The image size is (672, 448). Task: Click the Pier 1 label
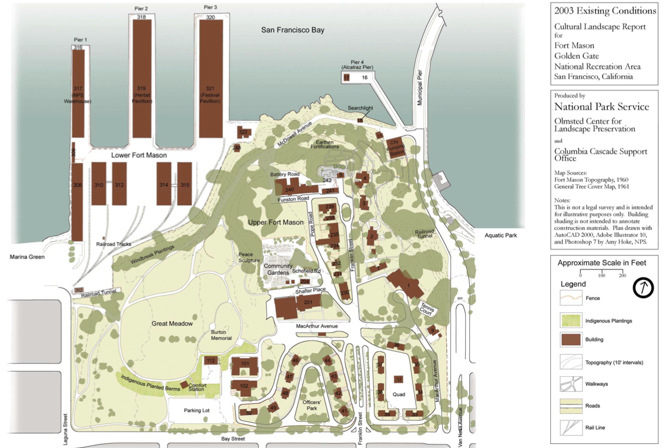(x=78, y=39)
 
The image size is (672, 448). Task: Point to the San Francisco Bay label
(x=292, y=30)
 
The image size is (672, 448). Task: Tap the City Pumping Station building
(x=397, y=147)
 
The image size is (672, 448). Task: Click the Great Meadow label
(x=172, y=323)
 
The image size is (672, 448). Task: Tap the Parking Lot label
(x=197, y=410)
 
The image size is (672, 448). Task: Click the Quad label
(x=399, y=394)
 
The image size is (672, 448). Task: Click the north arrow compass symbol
(x=644, y=288)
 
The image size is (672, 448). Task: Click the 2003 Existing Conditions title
(x=605, y=11)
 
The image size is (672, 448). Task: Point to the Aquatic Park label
(x=501, y=235)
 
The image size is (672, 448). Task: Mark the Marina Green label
(x=28, y=256)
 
